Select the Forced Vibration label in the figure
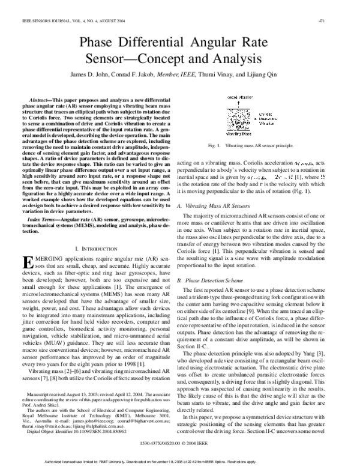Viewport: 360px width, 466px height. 239,96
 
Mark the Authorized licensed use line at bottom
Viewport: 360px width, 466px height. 180,461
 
